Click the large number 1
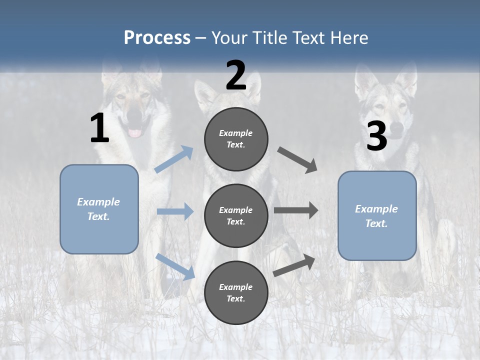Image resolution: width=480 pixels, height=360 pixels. pyautogui.click(x=99, y=128)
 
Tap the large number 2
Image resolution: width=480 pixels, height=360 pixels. pyautogui.click(x=236, y=75)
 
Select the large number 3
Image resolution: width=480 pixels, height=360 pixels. pyautogui.click(x=376, y=136)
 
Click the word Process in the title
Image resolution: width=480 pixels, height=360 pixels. pyautogui.click(x=157, y=37)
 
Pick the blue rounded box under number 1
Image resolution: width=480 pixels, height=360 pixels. pyautogui.click(x=99, y=209)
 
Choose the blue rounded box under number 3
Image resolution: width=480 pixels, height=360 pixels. pyautogui.click(x=377, y=216)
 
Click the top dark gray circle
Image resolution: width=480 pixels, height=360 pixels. pyautogui.click(x=236, y=139)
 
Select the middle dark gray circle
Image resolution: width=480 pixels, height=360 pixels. pyautogui.click(x=236, y=215)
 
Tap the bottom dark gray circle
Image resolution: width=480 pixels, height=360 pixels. pyautogui.click(x=236, y=292)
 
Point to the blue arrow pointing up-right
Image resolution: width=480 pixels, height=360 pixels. pyautogui.click(x=174, y=159)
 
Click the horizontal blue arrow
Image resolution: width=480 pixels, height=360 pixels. pyautogui.click(x=175, y=211)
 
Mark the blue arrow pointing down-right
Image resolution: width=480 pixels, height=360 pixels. pyautogui.click(x=175, y=266)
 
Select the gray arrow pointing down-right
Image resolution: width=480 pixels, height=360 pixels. pyautogui.click(x=297, y=160)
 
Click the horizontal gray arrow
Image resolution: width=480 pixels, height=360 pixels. pyautogui.click(x=296, y=210)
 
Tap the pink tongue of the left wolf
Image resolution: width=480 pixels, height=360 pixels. pyautogui.click(x=135, y=133)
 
